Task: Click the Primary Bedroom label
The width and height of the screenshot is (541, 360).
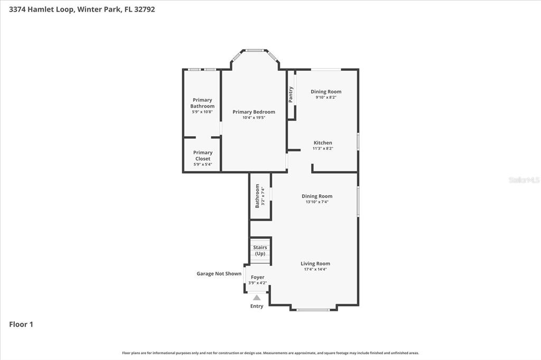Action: pyautogui.click(x=254, y=112)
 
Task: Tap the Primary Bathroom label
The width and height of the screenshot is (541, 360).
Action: pyautogui.click(x=202, y=103)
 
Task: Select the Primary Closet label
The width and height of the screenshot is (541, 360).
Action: pyautogui.click(x=202, y=156)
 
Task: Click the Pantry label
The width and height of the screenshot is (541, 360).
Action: pyautogui.click(x=291, y=94)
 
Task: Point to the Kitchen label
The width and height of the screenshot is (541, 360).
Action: pyautogui.click(x=323, y=143)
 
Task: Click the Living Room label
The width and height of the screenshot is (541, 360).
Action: pyautogui.click(x=315, y=263)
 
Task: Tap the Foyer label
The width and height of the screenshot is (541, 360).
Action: pyautogui.click(x=257, y=277)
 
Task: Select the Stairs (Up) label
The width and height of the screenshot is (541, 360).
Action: pyautogui.click(x=260, y=250)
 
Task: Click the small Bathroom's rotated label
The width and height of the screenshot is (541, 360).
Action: pyautogui.click(x=258, y=195)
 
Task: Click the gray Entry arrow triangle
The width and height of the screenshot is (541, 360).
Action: pyautogui.click(x=257, y=298)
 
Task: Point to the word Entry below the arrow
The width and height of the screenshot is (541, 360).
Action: pyautogui.click(x=257, y=306)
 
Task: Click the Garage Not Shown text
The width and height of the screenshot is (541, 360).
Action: pyautogui.click(x=219, y=273)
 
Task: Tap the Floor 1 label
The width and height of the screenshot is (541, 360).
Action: pyautogui.click(x=21, y=325)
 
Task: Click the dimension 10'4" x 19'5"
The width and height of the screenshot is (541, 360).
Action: pyautogui.click(x=254, y=118)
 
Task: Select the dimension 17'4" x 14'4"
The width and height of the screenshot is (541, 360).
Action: pyautogui.click(x=315, y=269)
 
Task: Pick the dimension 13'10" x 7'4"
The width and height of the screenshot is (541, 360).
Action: pyautogui.click(x=317, y=202)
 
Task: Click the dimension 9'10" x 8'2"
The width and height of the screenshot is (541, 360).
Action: pyautogui.click(x=326, y=97)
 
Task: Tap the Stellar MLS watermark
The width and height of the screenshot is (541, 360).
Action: pyautogui.click(x=524, y=180)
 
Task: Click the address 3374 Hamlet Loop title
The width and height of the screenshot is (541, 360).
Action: pyautogui.click(x=82, y=9)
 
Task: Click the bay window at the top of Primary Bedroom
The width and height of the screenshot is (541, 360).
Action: pyautogui.click(x=255, y=51)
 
